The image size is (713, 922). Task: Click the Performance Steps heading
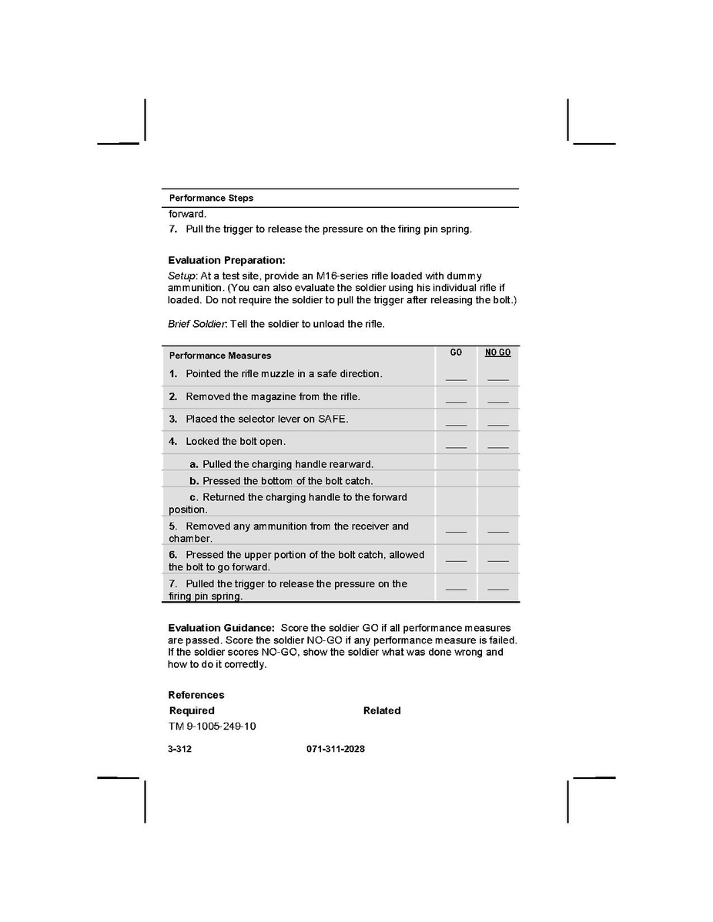point(211,198)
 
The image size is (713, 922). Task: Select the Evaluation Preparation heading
point(226,260)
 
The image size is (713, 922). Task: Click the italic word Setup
point(182,276)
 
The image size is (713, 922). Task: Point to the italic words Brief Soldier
point(197,324)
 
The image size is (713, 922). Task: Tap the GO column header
point(456,352)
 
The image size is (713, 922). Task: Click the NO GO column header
point(497,352)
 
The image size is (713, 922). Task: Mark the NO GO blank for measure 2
point(497,400)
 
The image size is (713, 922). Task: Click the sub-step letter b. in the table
point(194,481)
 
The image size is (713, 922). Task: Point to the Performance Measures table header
point(220,356)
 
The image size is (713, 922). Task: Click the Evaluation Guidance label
point(221,628)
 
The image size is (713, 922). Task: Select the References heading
point(196,695)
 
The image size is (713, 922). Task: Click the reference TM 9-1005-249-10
point(212,727)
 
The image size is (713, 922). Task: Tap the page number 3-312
point(179,749)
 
